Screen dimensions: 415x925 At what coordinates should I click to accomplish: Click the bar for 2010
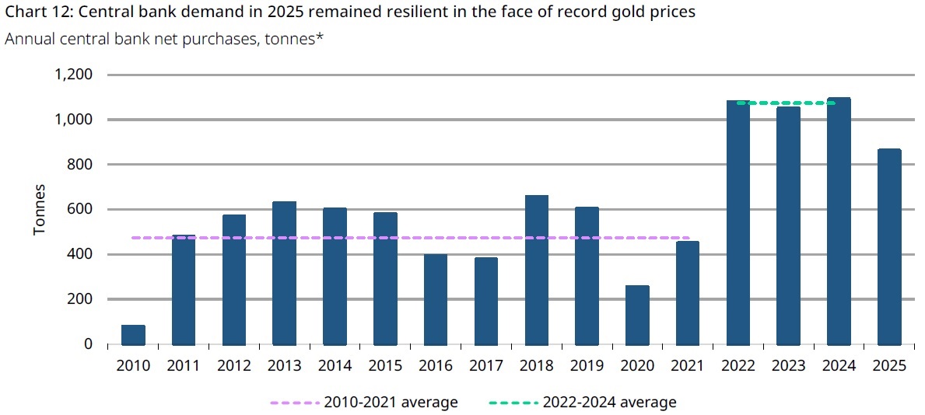(133, 335)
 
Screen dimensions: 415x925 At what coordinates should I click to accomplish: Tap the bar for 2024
(839, 221)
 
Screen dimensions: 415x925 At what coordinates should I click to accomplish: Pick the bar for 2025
(889, 247)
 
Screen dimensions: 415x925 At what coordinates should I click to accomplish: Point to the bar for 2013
(284, 273)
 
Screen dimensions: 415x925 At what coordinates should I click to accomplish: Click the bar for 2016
(436, 299)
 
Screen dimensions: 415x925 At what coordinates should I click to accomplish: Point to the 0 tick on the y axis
(88, 344)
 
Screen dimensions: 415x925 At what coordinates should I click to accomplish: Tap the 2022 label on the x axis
(738, 366)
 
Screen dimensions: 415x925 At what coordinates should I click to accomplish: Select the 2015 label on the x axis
(385, 366)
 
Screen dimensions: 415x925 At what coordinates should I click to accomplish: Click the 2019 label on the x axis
(587, 366)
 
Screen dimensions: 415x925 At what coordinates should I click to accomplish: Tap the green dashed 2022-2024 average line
(786, 103)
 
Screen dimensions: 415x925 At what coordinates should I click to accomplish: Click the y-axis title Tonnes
(40, 210)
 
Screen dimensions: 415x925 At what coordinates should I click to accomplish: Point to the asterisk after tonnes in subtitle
(319, 37)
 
